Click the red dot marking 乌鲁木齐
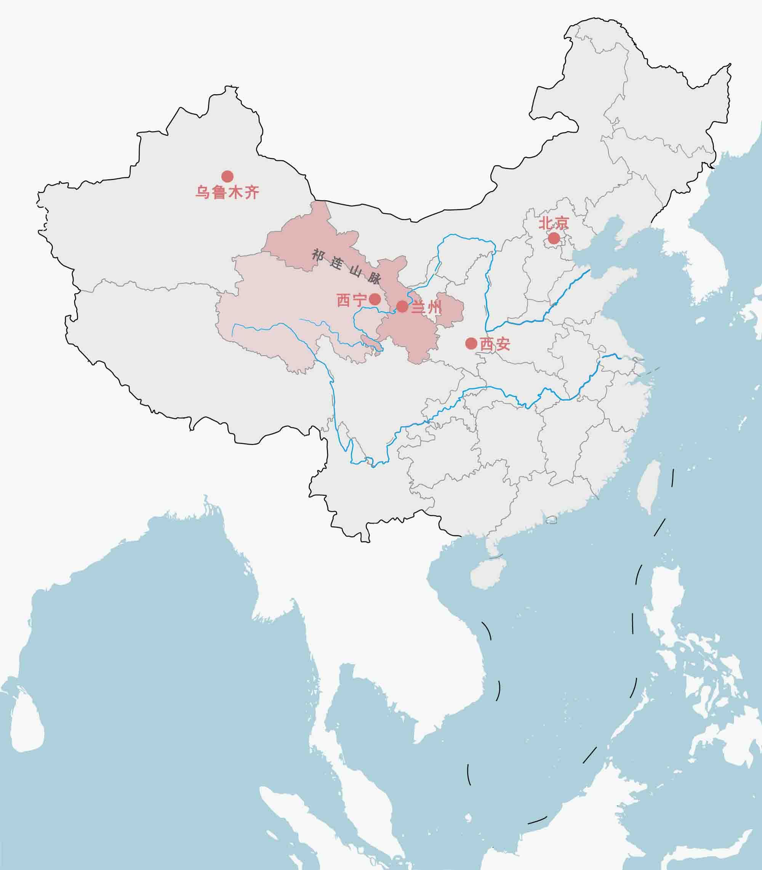click(x=227, y=176)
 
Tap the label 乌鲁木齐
click(x=227, y=193)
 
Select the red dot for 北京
click(x=554, y=238)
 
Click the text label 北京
click(x=554, y=223)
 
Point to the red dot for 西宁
click(x=375, y=299)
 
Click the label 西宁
click(x=351, y=300)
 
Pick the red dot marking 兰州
click(x=402, y=306)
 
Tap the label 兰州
click(x=426, y=307)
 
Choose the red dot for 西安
click(x=471, y=344)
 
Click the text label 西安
click(x=495, y=344)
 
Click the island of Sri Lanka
click(x=27, y=727)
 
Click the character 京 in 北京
click(x=561, y=223)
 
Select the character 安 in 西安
click(x=503, y=344)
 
